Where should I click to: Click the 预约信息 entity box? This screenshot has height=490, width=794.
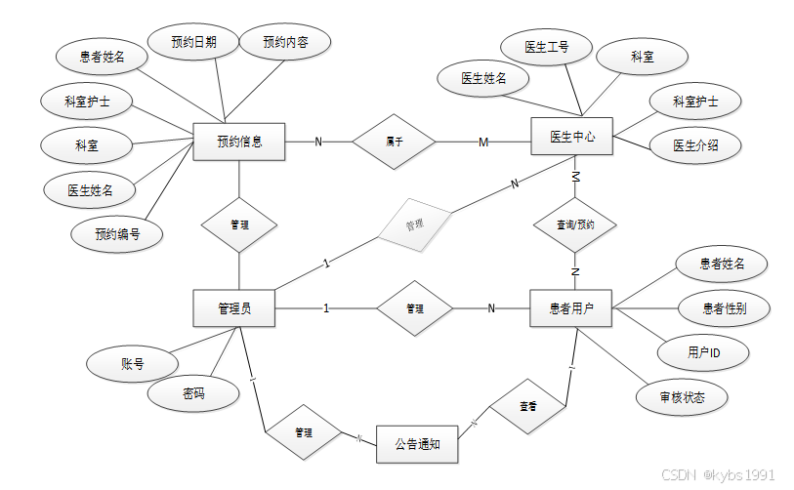(238, 142)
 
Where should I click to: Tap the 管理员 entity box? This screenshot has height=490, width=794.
(234, 308)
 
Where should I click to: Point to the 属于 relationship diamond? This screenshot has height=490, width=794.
(395, 142)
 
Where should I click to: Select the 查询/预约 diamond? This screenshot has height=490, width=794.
(574, 225)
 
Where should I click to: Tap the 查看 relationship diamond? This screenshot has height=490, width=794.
(527, 405)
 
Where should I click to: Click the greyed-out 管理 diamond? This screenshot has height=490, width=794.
(415, 225)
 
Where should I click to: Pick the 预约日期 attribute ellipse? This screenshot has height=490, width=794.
(193, 42)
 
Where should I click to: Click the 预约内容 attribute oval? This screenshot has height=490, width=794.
(285, 42)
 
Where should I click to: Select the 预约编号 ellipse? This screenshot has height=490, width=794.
(116, 233)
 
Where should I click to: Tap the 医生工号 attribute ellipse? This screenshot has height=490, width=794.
(546, 46)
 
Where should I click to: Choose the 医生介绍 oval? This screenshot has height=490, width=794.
(695, 145)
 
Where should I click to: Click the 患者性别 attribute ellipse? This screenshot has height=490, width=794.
(725, 308)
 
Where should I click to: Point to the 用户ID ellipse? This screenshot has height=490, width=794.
(703, 352)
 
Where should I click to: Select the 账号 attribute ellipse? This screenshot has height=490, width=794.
(133, 364)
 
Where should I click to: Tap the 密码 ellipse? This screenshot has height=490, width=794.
(193, 393)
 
